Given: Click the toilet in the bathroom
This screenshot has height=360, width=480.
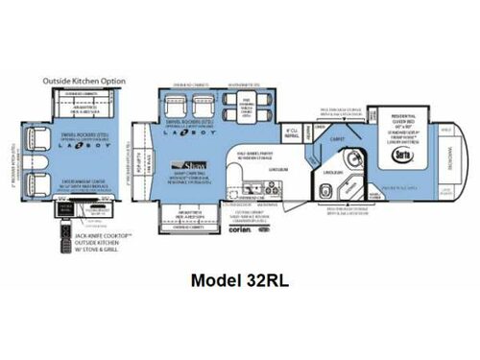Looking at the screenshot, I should [x=325, y=188].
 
